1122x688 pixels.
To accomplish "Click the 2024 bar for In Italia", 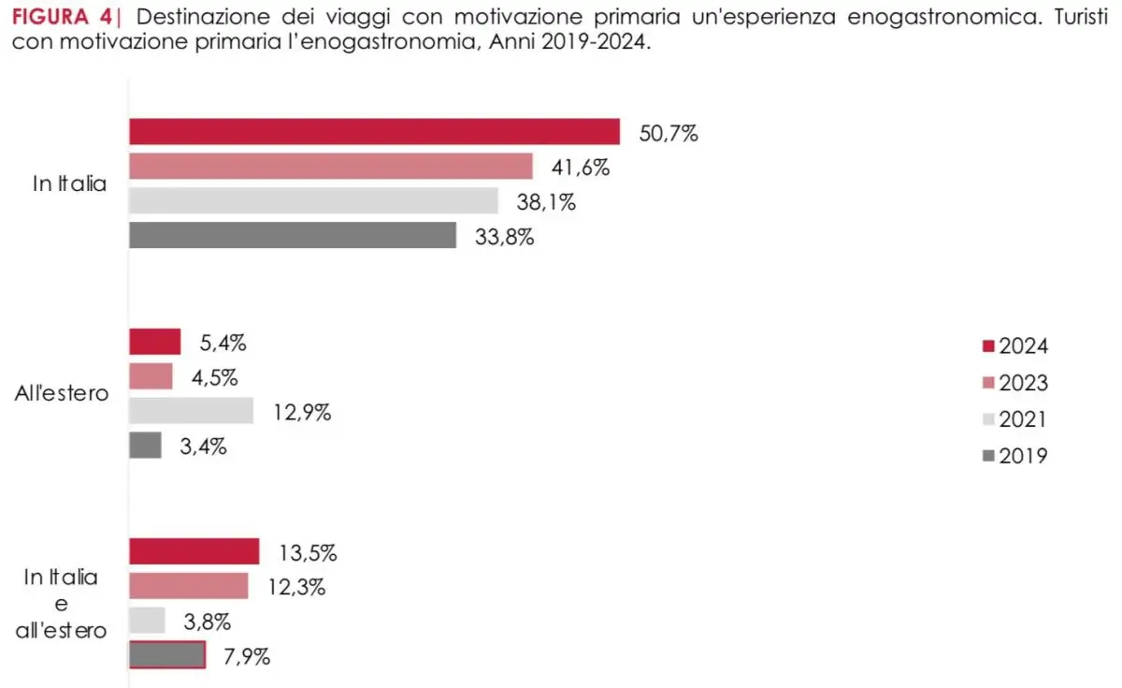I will [x=374, y=132].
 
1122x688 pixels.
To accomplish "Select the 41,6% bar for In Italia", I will [x=330, y=167].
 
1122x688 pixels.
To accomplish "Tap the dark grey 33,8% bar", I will [x=292, y=235].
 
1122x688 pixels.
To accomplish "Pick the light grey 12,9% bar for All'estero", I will [x=191, y=411].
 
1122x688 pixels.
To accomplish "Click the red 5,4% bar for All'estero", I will [x=154, y=342].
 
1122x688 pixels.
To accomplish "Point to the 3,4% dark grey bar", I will [x=145, y=446].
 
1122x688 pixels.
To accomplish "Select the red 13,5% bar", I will [x=194, y=551].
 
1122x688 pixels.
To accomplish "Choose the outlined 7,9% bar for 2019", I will [x=166, y=655].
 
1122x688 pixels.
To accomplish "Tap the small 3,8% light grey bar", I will [x=147, y=621].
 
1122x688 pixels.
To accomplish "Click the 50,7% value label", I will [x=669, y=133].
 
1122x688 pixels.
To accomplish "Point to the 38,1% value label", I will [x=546, y=201].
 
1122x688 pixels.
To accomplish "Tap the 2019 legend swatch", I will [x=987, y=457].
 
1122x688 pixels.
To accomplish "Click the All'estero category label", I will [x=62, y=393].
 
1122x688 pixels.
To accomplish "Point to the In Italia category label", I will [x=69, y=184].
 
